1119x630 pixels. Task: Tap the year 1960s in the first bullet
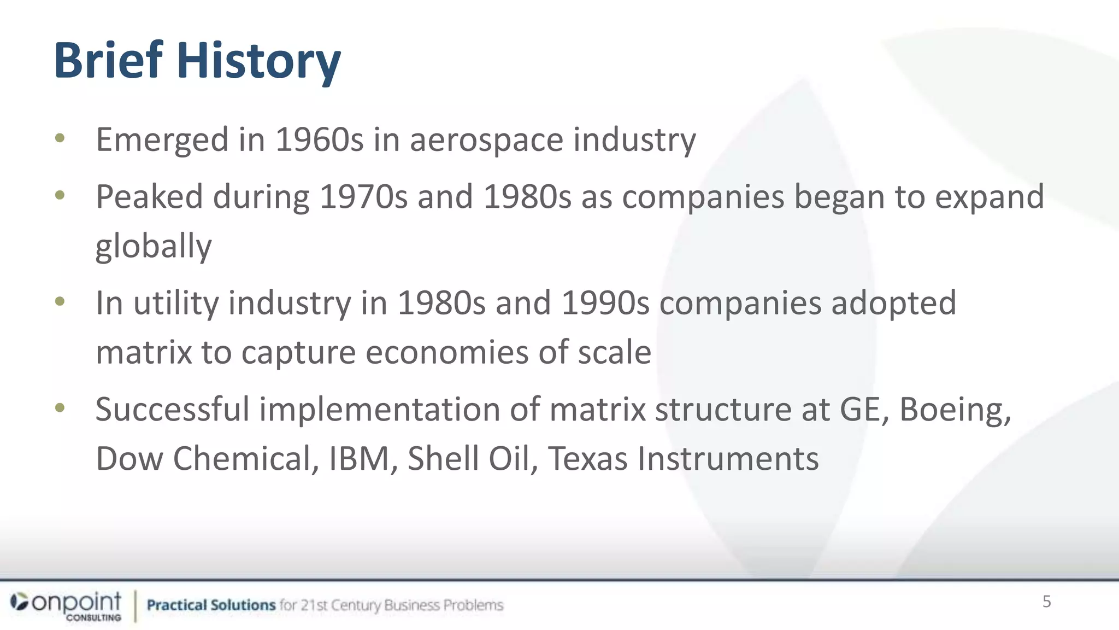pyautogui.click(x=319, y=139)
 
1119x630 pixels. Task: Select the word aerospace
pyautogui.click(x=486, y=141)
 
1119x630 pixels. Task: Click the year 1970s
pyautogui.click(x=363, y=197)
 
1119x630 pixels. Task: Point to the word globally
pyautogui.click(x=154, y=246)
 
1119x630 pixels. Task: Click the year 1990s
pyautogui.click(x=605, y=303)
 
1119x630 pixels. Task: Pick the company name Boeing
pyautogui.click(x=955, y=410)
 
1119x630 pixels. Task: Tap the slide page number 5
pyautogui.click(x=1046, y=602)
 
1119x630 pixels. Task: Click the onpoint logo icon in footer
pyautogui.click(x=20, y=602)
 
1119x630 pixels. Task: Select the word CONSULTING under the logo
pyautogui.click(x=93, y=617)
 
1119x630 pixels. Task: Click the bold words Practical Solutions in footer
pyautogui.click(x=211, y=605)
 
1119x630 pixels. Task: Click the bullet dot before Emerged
pyautogui.click(x=60, y=138)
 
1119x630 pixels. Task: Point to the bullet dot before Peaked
pyautogui.click(x=60, y=195)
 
